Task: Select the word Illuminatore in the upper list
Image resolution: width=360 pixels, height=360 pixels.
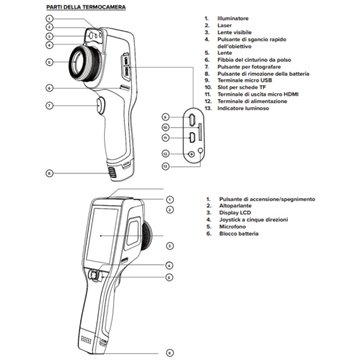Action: [233, 18]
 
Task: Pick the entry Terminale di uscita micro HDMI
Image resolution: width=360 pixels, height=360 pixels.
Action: [258, 100]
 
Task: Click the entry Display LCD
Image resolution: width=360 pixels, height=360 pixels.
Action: [241, 213]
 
